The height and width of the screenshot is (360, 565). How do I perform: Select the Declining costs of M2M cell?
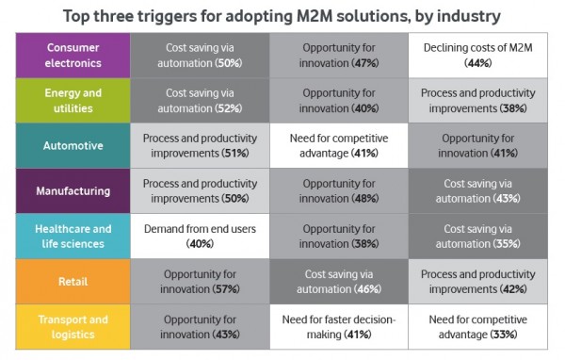coord(478,54)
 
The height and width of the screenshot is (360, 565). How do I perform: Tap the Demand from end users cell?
coord(200,237)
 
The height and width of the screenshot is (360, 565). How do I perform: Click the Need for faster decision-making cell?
coord(339,327)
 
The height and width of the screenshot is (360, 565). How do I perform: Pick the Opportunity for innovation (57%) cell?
coord(200,282)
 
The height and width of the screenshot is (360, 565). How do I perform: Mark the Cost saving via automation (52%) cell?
coord(200,100)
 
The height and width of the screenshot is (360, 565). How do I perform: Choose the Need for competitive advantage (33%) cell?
coord(478,327)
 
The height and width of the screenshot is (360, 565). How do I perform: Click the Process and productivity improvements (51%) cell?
coord(200,146)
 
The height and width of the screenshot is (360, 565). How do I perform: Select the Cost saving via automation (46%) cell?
coord(339,282)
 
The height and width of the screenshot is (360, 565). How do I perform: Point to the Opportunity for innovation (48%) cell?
coord(339,191)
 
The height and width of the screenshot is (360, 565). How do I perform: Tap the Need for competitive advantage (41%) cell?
coord(339,146)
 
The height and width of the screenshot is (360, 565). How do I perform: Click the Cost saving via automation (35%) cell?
coord(478,237)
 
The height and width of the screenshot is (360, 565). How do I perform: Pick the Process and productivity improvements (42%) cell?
coord(478,282)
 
